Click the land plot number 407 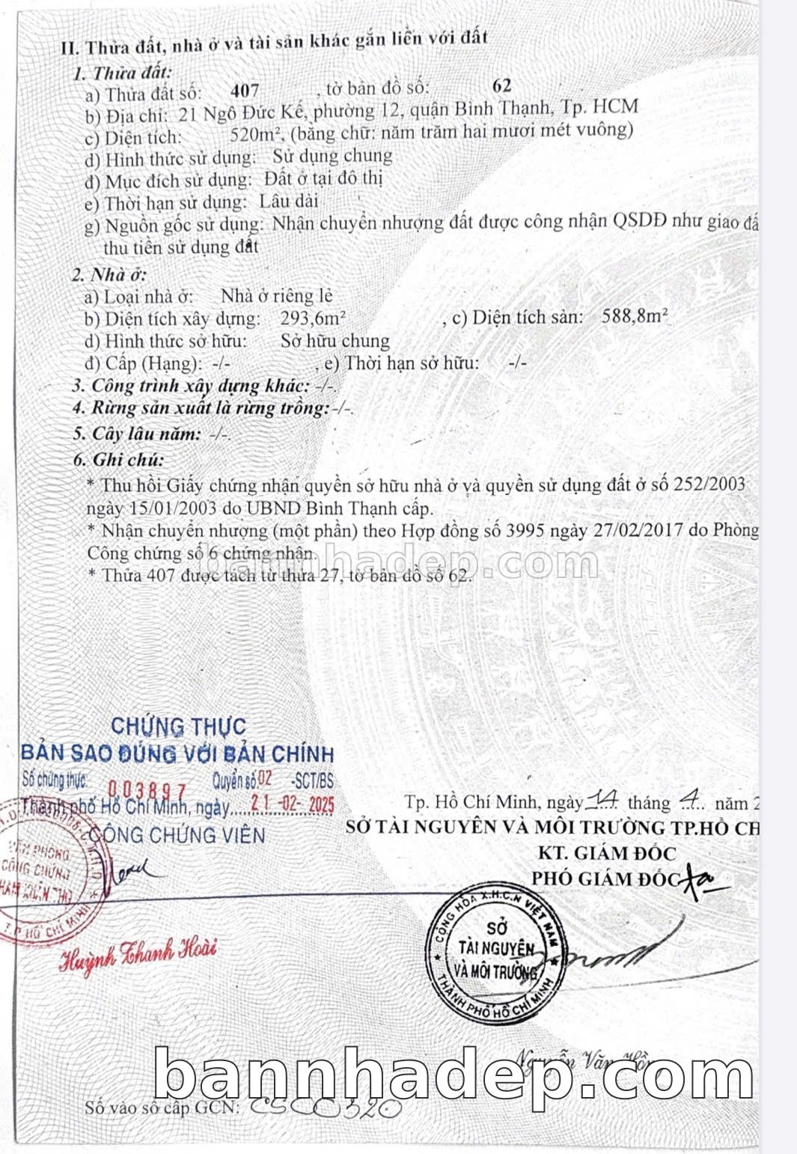(245, 91)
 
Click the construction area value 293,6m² (312, 318)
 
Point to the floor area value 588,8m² (635, 316)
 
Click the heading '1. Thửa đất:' (122, 73)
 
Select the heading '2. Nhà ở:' (109, 274)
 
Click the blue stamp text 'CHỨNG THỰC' (178, 726)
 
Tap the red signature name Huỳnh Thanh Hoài (138, 952)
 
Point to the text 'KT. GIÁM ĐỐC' (606, 853)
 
